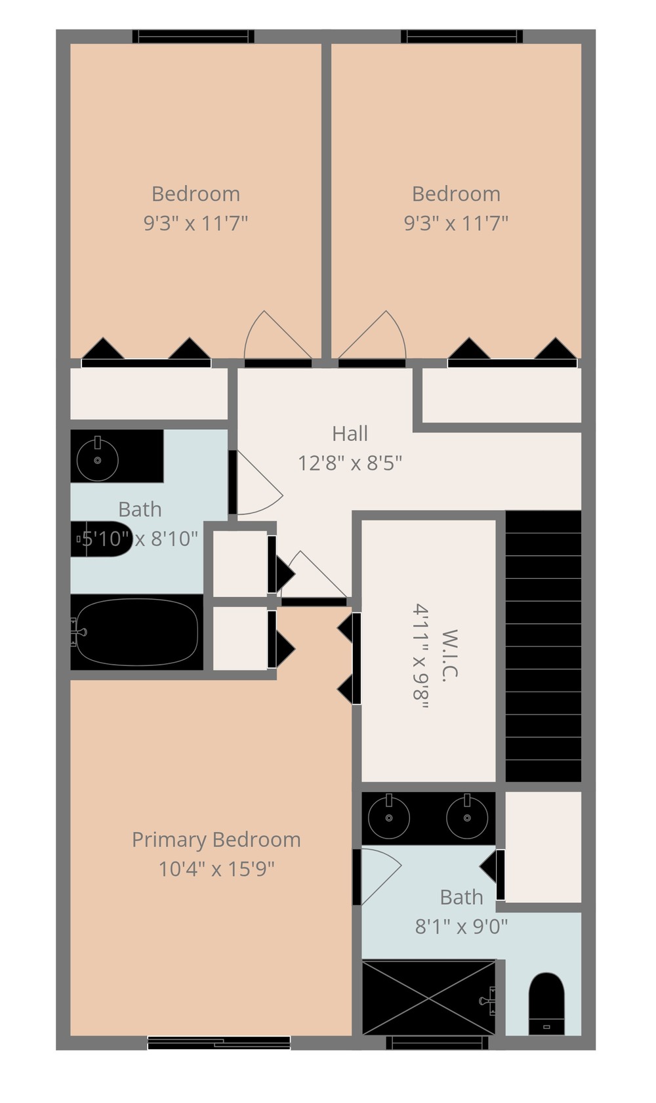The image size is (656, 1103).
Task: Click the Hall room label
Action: pyautogui.click(x=350, y=434)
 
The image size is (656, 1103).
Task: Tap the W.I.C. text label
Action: pyautogui.click(x=449, y=656)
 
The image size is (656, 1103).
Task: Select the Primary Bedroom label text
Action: pyautogui.click(x=216, y=840)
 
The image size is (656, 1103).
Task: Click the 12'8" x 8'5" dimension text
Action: pyautogui.click(x=350, y=463)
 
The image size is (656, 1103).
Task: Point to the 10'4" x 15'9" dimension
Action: pyautogui.click(x=216, y=869)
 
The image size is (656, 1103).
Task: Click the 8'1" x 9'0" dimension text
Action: pyautogui.click(x=461, y=926)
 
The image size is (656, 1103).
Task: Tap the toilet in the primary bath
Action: pyautogui.click(x=546, y=1003)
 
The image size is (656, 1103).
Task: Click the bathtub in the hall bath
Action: pyautogui.click(x=137, y=632)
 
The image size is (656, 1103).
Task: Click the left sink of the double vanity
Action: pyautogui.click(x=389, y=818)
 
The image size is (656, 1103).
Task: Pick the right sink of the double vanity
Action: pyautogui.click(x=467, y=818)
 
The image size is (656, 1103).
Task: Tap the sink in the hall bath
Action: pyautogui.click(x=98, y=459)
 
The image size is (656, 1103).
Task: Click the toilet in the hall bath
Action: pyautogui.click(x=102, y=539)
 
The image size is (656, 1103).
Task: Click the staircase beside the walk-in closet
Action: pyautogui.click(x=543, y=646)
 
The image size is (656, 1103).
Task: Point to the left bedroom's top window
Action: pyautogui.click(x=194, y=37)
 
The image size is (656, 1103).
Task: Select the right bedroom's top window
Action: pyautogui.click(x=462, y=37)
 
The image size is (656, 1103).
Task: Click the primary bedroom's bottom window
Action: pyautogui.click(x=219, y=1043)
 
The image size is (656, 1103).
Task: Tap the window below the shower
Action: pyautogui.click(x=437, y=1043)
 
